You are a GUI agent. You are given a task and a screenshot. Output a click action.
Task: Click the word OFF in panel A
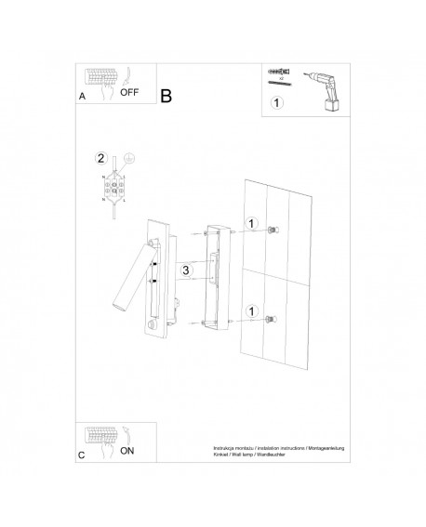click(131, 93)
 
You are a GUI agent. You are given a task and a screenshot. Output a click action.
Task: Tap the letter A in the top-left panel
click(83, 96)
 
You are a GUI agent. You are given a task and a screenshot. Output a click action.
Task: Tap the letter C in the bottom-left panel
click(82, 456)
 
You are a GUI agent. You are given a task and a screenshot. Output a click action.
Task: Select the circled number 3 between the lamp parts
click(186, 270)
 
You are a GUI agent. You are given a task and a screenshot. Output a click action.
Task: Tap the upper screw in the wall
click(271, 229)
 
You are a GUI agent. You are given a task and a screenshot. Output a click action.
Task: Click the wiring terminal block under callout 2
click(114, 191)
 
